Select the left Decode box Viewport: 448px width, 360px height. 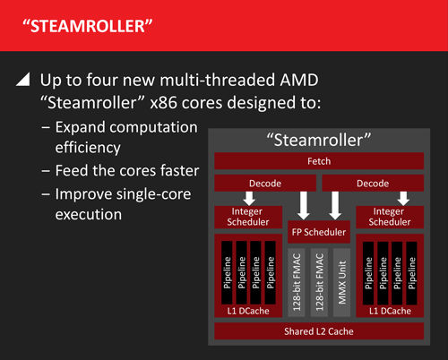point(266,184)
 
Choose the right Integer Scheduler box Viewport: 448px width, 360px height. point(392,217)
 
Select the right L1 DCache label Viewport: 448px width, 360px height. point(391,312)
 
